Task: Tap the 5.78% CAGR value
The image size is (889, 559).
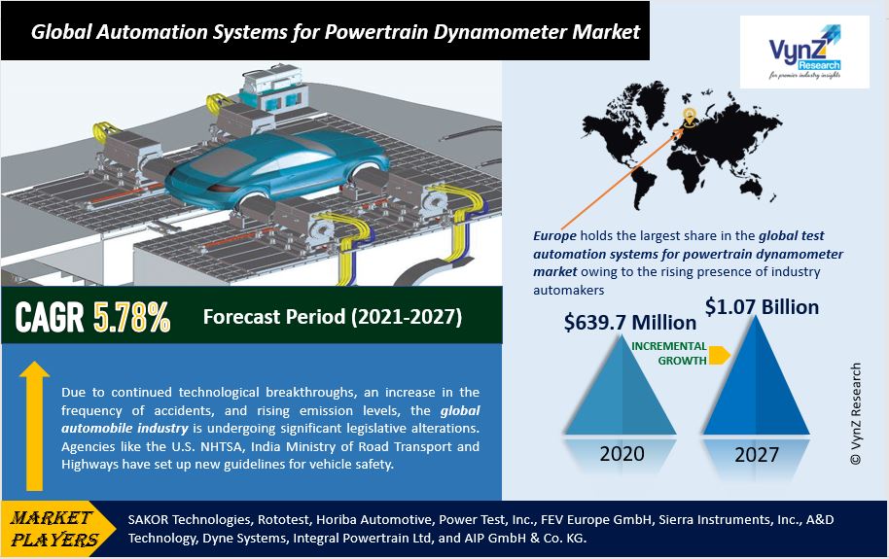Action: [132, 318]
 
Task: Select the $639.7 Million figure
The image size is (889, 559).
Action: [630, 322]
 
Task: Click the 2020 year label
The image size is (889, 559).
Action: [622, 454]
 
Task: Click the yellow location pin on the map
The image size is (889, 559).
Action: [690, 118]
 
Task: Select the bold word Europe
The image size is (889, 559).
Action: [555, 235]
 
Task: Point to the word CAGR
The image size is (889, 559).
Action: [50, 318]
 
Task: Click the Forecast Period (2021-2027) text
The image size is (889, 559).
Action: [332, 317]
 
